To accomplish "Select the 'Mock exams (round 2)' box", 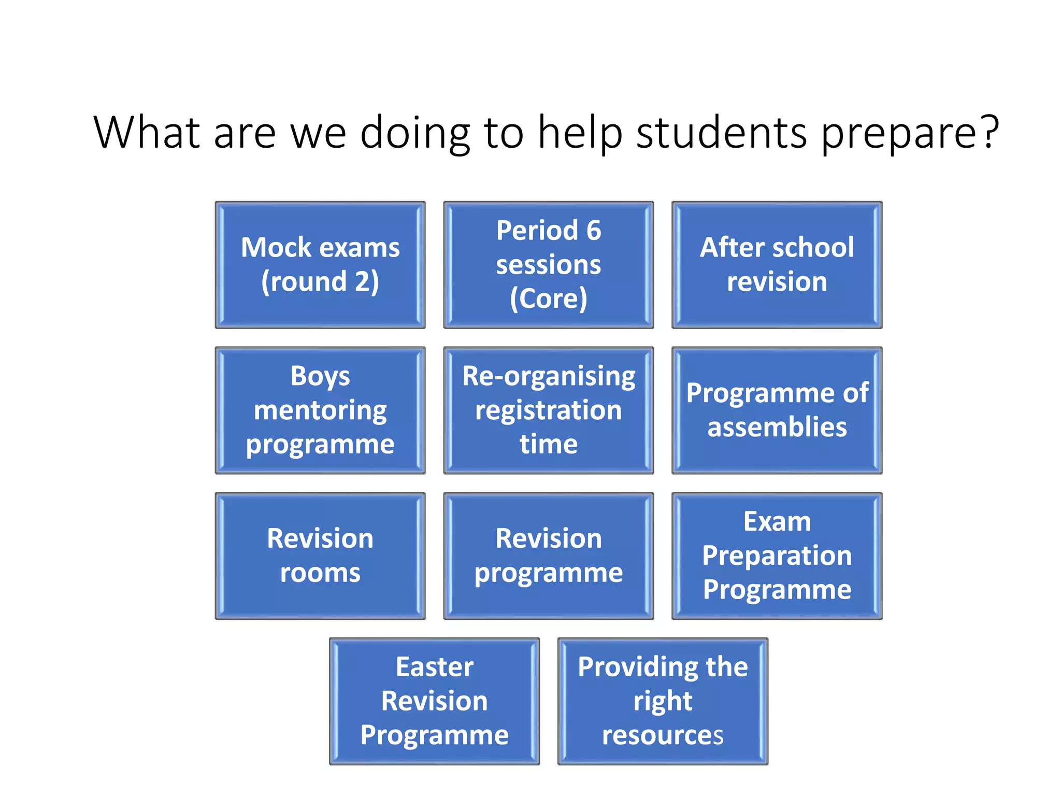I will (320, 265).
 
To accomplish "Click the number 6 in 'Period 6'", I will (594, 230).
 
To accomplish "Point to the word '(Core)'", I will (549, 298).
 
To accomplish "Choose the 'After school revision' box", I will (777, 265).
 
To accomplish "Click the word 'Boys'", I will (320, 376).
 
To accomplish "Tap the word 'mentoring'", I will (320, 410).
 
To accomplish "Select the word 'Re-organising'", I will (549, 377).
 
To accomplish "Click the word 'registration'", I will (549, 410).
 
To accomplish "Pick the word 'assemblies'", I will (777, 427).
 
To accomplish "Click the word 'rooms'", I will (320, 573).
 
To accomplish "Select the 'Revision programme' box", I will (549, 556).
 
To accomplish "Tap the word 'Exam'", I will (777, 521).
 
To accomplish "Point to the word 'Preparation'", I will (777, 556).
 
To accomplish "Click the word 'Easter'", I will (435, 666).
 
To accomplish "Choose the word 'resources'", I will (663, 735).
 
